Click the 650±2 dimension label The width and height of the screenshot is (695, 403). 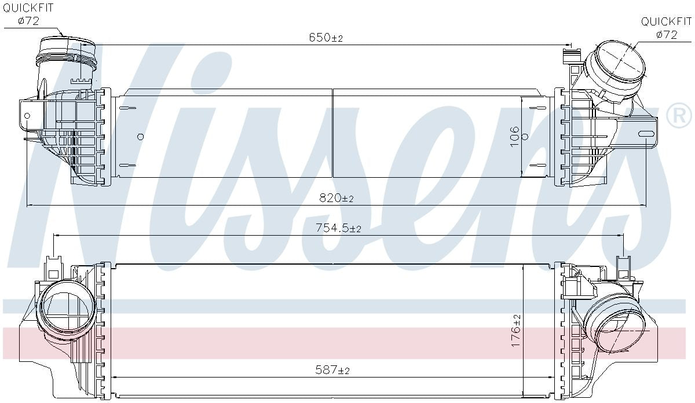[325, 38]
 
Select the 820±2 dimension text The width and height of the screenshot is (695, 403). [336, 197]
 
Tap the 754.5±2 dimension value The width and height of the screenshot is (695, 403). [338, 228]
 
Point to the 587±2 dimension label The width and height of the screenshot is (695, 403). [332, 370]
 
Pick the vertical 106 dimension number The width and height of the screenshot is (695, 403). [514, 137]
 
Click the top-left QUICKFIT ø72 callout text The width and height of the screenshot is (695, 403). [28, 14]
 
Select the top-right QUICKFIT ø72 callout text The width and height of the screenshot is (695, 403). [667, 28]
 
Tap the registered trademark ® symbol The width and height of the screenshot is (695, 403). [679, 115]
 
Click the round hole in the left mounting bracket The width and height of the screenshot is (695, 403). [27, 116]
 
